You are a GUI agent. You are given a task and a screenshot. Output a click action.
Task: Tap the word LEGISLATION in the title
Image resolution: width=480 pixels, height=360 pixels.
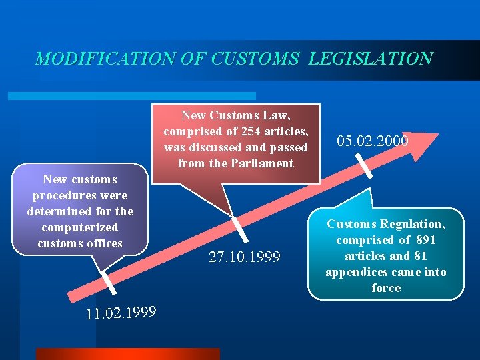371,59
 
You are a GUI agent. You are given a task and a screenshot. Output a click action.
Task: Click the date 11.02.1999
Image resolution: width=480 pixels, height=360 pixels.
121,312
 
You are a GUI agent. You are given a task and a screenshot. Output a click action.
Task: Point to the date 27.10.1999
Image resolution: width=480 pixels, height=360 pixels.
244,257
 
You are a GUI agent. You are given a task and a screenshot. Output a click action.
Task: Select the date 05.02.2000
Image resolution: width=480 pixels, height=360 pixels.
373,141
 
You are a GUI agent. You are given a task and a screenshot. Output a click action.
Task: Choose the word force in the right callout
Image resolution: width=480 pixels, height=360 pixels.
386,288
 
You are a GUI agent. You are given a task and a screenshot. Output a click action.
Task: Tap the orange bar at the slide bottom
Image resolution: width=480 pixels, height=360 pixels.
127,354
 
